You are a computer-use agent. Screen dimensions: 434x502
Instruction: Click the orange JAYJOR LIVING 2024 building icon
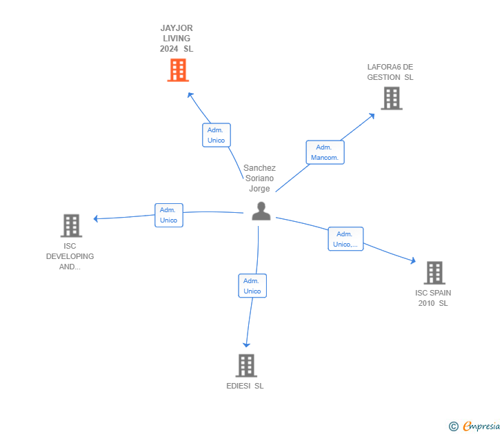tap(178, 70)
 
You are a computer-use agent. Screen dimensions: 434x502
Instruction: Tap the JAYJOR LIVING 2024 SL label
tap(177, 39)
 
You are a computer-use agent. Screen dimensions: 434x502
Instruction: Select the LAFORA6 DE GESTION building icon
tap(392, 99)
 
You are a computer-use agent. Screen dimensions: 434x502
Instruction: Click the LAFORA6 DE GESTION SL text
tap(390, 72)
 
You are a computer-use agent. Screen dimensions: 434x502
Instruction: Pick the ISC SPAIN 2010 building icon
tap(434, 273)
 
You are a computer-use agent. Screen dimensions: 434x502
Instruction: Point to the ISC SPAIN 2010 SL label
tap(433, 298)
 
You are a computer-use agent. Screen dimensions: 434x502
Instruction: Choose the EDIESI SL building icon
tap(246, 365)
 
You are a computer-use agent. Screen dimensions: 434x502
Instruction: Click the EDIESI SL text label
tap(245, 386)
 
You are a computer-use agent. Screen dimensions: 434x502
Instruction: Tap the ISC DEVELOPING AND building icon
tap(71, 225)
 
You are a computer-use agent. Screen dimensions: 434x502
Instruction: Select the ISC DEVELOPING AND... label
tap(70, 256)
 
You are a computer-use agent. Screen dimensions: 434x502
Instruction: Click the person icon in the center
tap(261, 211)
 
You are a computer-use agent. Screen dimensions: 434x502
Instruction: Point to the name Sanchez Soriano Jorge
tap(259, 178)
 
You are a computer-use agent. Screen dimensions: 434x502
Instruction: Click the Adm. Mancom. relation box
tap(324, 152)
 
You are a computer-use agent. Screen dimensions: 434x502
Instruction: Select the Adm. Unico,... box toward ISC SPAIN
tap(345, 239)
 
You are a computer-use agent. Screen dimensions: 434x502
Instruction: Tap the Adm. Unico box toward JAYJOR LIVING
tap(216, 135)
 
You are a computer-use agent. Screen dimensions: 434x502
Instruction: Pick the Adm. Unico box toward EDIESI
tap(252, 286)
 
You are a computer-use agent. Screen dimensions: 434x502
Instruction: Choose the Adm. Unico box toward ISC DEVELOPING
tap(168, 215)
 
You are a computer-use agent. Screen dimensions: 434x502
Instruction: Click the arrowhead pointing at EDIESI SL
tap(246, 344)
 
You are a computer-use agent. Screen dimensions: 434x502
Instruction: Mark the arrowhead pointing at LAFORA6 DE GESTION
tap(371, 116)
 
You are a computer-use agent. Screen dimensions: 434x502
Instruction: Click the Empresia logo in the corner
tap(474, 426)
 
